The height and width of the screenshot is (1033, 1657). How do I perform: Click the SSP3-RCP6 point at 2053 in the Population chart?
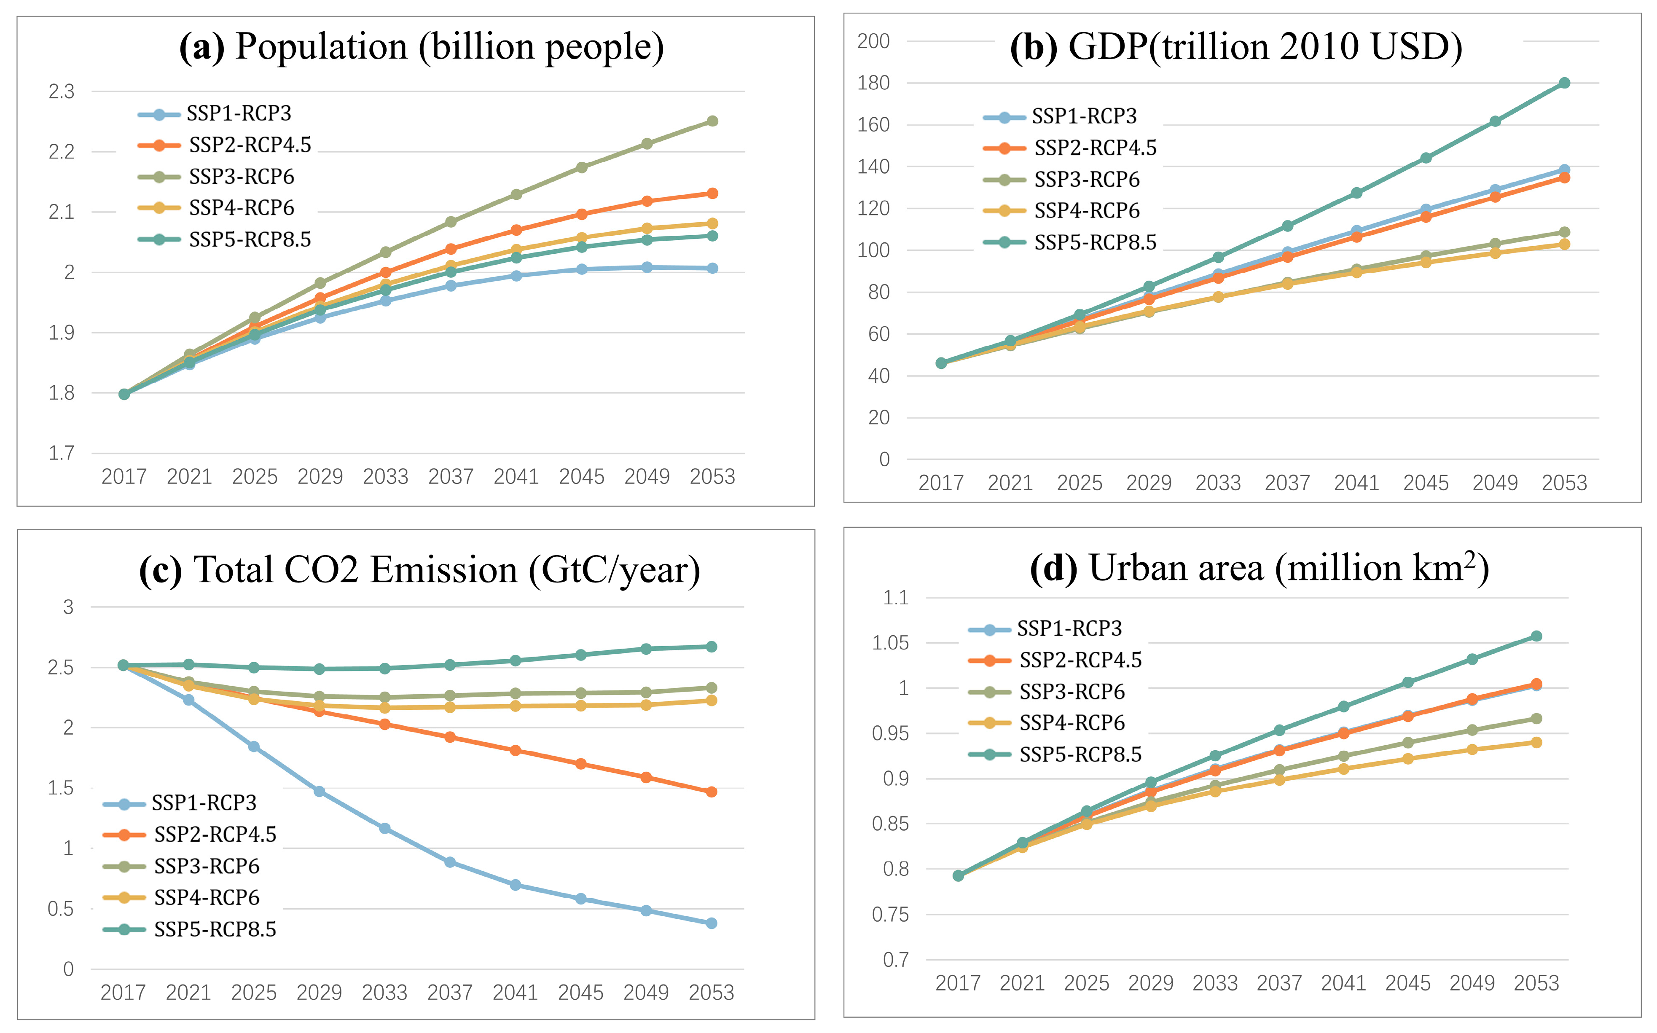[x=712, y=121]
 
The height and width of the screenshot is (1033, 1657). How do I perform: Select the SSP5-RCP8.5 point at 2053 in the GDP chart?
[x=1564, y=83]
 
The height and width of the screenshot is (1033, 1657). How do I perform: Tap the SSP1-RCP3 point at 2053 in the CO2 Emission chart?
[x=711, y=923]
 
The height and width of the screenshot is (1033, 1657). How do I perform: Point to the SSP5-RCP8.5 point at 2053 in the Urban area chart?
[x=1536, y=636]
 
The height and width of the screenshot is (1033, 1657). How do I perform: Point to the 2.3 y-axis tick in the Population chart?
[x=62, y=91]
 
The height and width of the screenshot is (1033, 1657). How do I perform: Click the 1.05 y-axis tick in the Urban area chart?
[x=890, y=643]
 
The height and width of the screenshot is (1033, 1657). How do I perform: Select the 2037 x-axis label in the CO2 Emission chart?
[x=450, y=992]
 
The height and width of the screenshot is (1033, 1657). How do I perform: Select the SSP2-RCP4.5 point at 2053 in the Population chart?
[x=712, y=193]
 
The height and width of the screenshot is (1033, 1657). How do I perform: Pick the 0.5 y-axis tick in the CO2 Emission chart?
[x=60, y=909]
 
